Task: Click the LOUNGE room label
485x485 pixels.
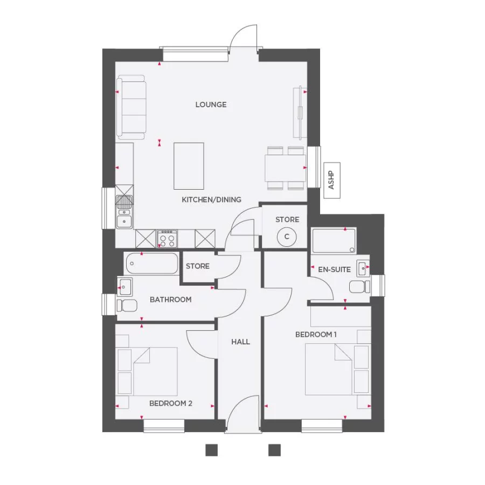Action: pos(211,105)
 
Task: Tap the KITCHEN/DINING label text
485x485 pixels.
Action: pos(211,199)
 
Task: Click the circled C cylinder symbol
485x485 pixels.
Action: pos(287,236)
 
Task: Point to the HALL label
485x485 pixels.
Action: pos(240,342)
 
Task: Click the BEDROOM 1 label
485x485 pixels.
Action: pos(316,335)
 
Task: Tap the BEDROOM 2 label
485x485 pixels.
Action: pos(170,403)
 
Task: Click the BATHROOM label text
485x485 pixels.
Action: pos(170,300)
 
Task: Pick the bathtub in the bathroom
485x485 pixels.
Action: pos(151,264)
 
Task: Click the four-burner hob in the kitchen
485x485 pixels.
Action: pos(167,238)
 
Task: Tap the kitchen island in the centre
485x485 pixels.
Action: pos(189,165)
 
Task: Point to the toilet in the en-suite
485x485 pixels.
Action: pos(358,287)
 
